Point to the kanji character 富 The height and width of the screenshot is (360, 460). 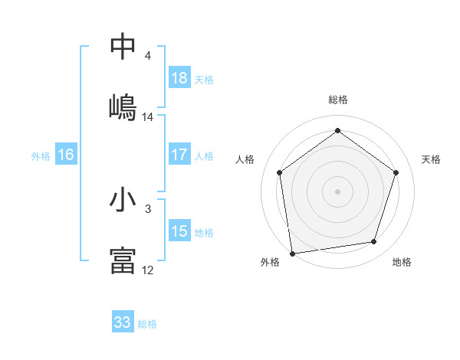click(x=123, y=260)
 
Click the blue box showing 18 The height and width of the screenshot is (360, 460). click(x=179, y=78)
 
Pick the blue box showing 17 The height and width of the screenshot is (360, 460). click(x=179, y=155)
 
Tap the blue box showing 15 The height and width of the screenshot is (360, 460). click(x=179, y=231)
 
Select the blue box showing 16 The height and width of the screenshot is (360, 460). click(x=66, y=155)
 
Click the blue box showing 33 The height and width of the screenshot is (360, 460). click(x=123, y=322)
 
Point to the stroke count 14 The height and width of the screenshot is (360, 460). click(x=148, y=117)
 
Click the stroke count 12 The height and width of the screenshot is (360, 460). click(x=148, y=270)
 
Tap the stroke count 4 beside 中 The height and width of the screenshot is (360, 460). click(x=148, y=56)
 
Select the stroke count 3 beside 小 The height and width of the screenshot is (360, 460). click(x=148, y=208)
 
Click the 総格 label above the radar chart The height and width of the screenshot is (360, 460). click(x=338, y=100)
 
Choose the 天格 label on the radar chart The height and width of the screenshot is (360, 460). click(x=432, y=159)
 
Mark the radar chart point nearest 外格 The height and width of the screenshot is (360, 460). click(x=292, y=253)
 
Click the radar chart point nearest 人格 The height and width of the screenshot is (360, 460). click(x=279, y=172)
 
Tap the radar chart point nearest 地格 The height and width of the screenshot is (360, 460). click(x=374, y=242)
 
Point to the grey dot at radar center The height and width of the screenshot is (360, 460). click(x=338, y=191)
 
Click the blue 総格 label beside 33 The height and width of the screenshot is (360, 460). click(x=147, y=324)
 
